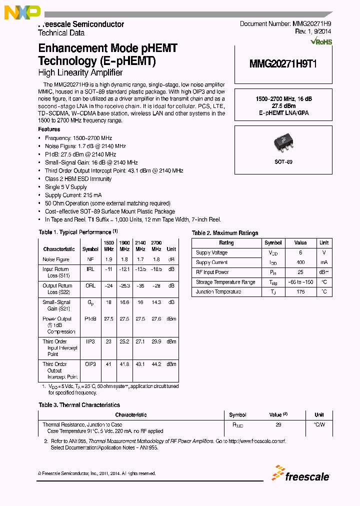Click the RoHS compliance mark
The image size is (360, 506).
(x=321, y=42)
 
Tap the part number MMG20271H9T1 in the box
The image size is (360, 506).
(x=283, y=64)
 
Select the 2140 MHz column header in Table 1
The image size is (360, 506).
(x=140, y=245)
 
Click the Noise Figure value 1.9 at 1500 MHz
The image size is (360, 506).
(x=108, y=259)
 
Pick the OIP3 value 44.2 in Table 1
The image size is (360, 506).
(x=156, y=364)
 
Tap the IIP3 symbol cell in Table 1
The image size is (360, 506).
(x=90, y=341)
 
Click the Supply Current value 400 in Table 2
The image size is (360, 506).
(x=300, y=262)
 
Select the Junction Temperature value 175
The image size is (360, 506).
(x=300, y=291)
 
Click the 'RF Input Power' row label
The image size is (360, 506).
(x=212, y=272)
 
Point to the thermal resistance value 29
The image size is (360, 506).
(x=278, y=424)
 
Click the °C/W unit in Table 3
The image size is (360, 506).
(x=319, y=424)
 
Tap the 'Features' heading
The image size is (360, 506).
(x=49, y=129)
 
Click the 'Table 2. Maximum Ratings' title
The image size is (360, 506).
(x=225, y=233)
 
